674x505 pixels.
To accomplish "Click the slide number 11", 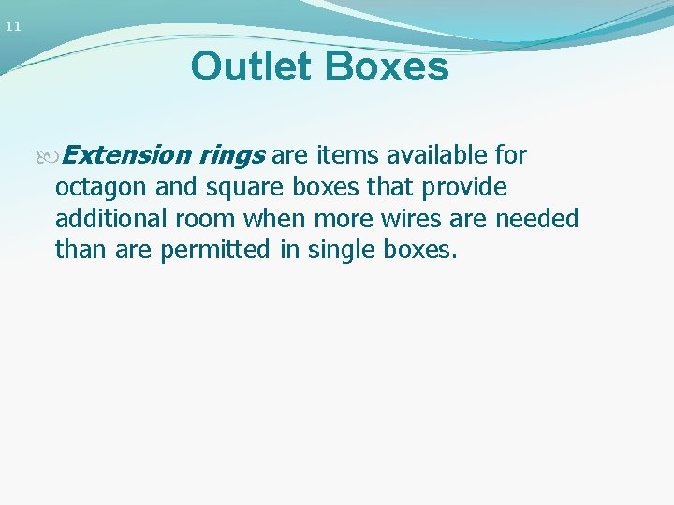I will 12,27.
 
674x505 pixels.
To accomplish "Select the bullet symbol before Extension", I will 51,155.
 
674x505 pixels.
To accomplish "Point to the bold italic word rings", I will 233,155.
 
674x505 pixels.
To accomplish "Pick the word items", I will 347,154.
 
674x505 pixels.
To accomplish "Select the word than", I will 80,251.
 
